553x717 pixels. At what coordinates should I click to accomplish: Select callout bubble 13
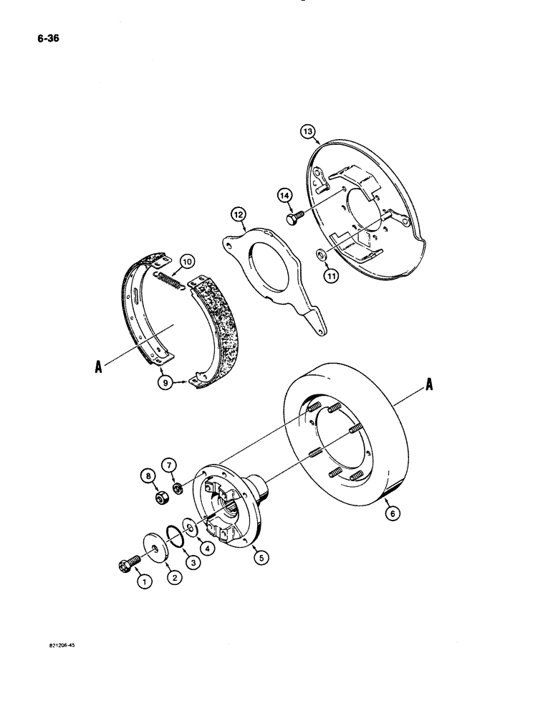coord(307,131)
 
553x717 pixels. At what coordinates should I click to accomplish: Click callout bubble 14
coord(285,194)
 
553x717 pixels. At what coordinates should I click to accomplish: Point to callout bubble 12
coord(238,214)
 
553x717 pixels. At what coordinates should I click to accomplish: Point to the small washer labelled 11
coord(320,252)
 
